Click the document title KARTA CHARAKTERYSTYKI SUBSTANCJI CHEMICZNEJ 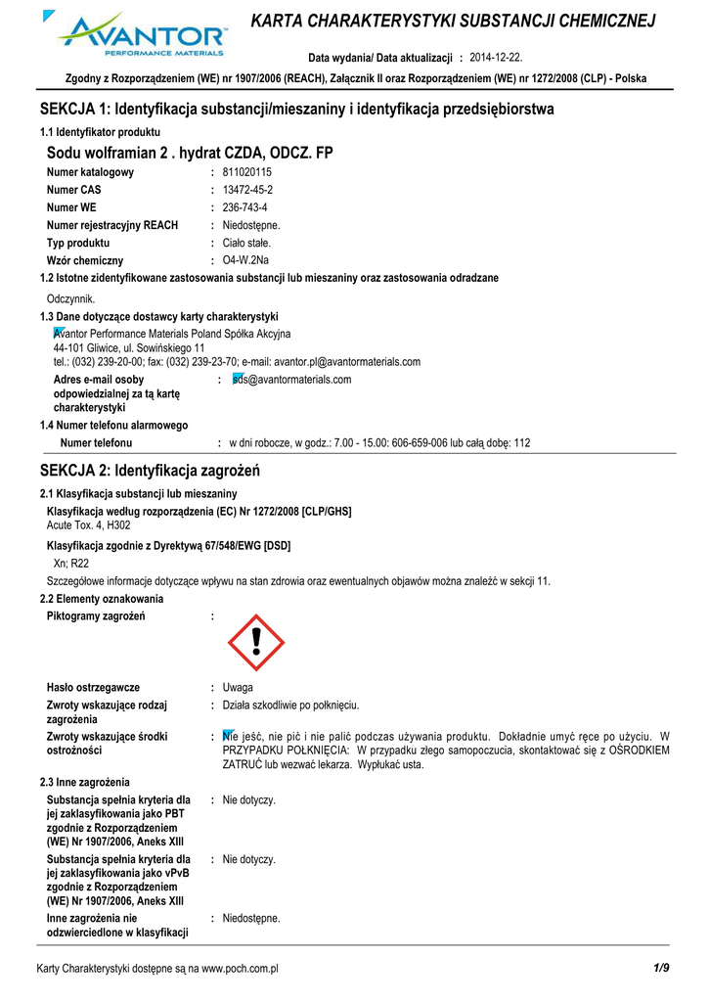453,22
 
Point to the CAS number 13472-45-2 247,190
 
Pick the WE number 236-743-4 245,207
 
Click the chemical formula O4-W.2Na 245,260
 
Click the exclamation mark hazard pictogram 255,643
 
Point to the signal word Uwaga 238,688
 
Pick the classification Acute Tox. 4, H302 89,525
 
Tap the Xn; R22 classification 70,563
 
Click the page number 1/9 661,968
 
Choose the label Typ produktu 78,243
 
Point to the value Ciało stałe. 246,243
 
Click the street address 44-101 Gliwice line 128,347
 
